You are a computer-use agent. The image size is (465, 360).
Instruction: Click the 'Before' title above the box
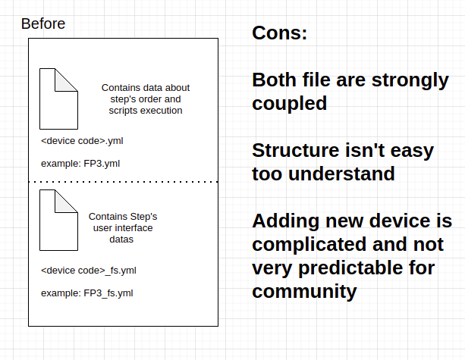pyautogui.click(x=43, y=23)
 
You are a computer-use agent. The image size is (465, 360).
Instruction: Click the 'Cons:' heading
pyautogui.click(x=279, y=33)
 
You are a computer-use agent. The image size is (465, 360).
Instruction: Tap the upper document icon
pyautogui.click(x=58, y=99)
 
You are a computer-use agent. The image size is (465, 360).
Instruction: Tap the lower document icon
pyautogui.click(x=58, y=220)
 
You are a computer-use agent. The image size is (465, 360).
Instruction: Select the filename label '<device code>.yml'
pyautogui.click(x=82, y=141)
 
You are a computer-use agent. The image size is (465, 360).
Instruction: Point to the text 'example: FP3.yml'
pyautogui.click(x=80, y=164)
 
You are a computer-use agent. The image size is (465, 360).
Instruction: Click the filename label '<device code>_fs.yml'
pyautogui.click(x=89, y=271)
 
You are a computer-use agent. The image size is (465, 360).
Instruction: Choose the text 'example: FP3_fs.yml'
pyautogui.click(x=87, y=293)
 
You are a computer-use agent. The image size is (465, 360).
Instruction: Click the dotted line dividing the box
pyautogui.click(x=124, y=182)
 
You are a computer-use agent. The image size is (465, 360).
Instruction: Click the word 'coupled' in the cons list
pyautogui.click(x=290, y=103)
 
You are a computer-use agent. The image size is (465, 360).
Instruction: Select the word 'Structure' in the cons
pyautogui.click(x=296, y=150)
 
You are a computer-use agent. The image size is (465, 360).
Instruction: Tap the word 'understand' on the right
pyautogui.click(x=341, y=174)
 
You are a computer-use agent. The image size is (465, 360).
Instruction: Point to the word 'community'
pyautogui.click(x=304, y=291)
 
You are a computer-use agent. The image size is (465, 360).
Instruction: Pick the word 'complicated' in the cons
pyautogui.click(x=309, y=245)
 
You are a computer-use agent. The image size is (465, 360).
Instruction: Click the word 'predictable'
pyautogui.click(x=350, y=268)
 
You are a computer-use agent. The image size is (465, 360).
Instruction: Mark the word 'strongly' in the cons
pyautogui.click(x=410, y=80)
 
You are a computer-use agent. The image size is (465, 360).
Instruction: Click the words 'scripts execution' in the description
pyautogui.click(x=146, y=110)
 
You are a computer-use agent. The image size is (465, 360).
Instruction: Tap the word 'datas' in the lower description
pyautogui.click(x=121, y=239)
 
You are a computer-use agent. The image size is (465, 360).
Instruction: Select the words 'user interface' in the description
pyautogui.click(x=123, y=228)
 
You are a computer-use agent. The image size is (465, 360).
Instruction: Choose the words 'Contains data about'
pyautogui.click(x=146, y=88)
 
